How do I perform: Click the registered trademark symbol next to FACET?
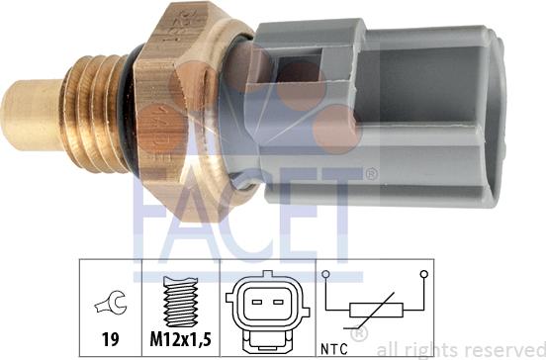pyautogui.click(x=370, y=175)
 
